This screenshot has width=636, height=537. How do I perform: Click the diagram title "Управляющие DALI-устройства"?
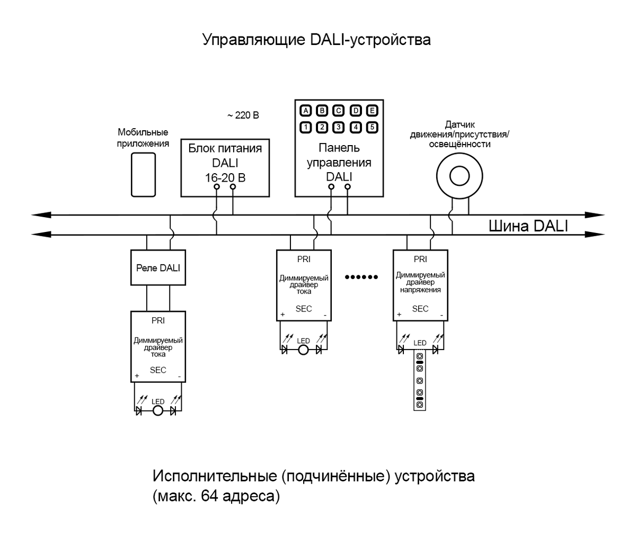pyautogui.click(x=316, y=40)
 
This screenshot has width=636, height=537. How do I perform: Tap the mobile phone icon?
pyautogui.click(x=143, y=175)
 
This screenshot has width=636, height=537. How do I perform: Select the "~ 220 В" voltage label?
pyautogui.click(x=243, y=115)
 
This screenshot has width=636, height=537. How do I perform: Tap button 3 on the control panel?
pyautogui.click(x=339, y=127)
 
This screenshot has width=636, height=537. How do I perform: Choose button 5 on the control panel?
pyautogui.click(x=372, y=127)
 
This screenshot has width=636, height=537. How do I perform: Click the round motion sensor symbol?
pyautogui.click(x=460, y=175)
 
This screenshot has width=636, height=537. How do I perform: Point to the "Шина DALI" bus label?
pyautogui.click(x=528, y=226)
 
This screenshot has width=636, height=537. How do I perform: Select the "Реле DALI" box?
pyautogui.click(x=158, y=268)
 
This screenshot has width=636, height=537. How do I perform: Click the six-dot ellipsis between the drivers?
pyautogui.click(x=361, y=277)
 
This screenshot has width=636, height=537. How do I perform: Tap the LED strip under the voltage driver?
pyautogui.click(x=419, y=381)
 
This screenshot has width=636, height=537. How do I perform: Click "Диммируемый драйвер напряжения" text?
pyautogui.click(x=420, y=282)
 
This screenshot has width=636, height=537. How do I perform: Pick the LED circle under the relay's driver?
pyautogui.click(x=158, y=411)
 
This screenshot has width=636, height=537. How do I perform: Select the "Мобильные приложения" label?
pyautogui.click(x=143, y=138)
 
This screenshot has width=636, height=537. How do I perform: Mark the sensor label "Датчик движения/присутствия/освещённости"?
pyautogui.click(x=459, y=135)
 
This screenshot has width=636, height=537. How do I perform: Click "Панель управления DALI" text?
pyautogui.click(x=339, y=163)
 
